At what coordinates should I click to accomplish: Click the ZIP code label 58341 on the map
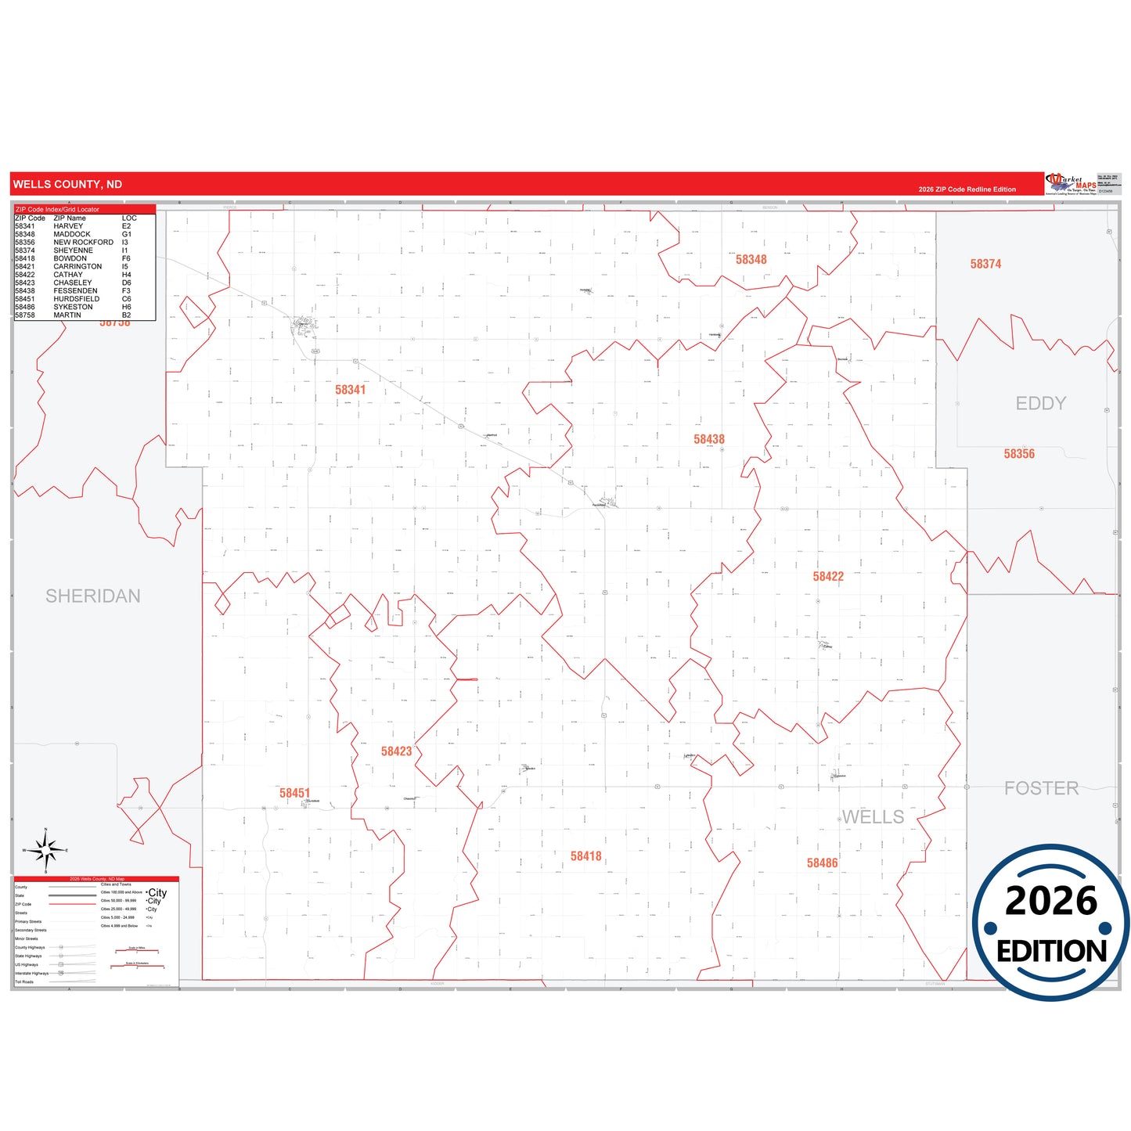click(350, 390)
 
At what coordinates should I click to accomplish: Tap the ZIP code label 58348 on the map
click(751, 260)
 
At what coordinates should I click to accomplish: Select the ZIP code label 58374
click(985, 265)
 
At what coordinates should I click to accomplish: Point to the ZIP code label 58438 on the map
click(709, 440)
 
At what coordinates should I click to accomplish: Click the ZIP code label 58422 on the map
click(828, 577)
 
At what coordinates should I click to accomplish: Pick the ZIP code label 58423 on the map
click(396, 751)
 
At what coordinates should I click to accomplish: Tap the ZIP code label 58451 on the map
click(294, 794)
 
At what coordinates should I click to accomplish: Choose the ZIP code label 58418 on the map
click(585, 856)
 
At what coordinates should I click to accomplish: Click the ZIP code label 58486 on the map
click(822, 863)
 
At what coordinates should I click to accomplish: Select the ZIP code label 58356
click(1019, 454)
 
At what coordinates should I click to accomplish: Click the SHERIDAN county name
click(93, 596)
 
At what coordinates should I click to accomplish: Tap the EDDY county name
click(1041, 404)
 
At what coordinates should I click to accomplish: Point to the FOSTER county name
click(1041, 789)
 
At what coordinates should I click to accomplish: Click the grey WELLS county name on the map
click(873, 817)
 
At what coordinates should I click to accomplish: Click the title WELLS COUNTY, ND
click(67, 185)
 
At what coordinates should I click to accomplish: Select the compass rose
click(45, 850)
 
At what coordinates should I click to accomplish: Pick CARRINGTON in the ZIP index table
click(77, 267)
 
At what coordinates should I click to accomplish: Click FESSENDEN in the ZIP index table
click(75, 291)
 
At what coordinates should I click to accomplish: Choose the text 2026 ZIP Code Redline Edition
click(967, 189)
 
